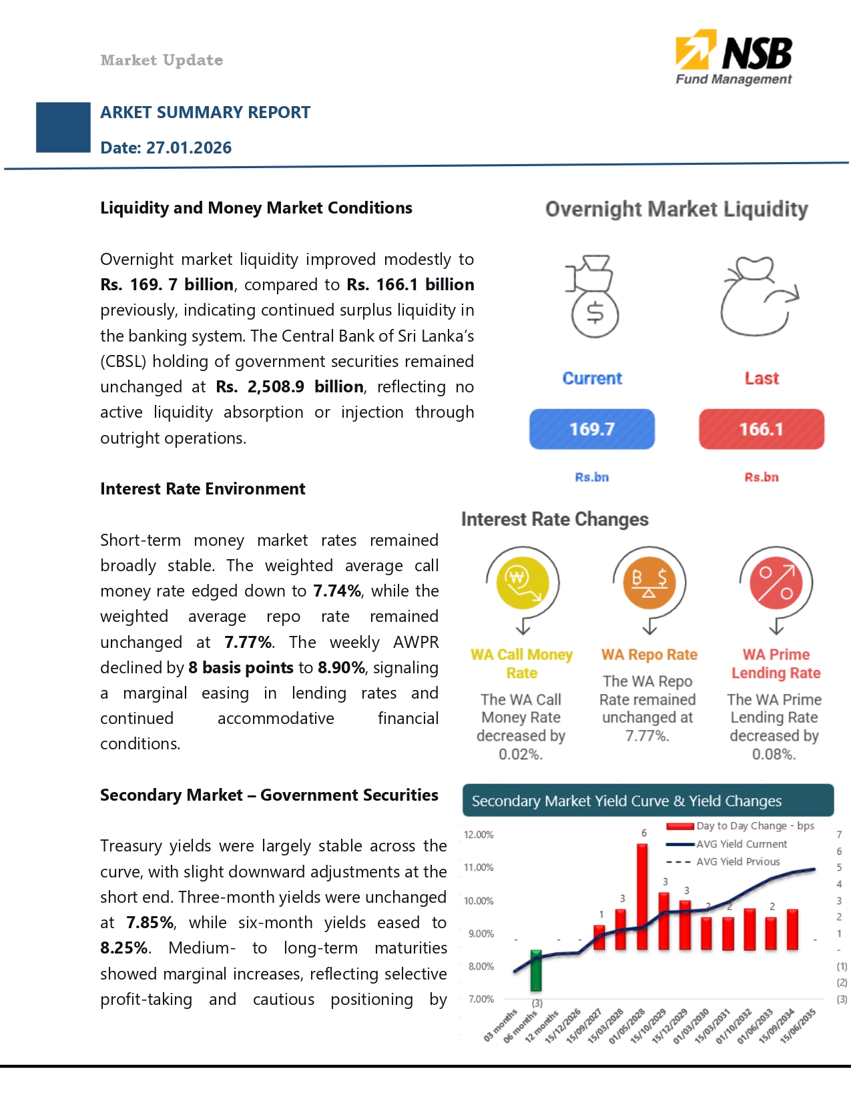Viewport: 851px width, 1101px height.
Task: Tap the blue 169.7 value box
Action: [591, 429]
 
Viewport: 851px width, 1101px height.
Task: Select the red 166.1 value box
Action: [761, 429]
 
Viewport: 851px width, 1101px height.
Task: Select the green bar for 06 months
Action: [536, 971]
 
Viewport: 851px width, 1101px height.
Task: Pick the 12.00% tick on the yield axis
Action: [479, 835]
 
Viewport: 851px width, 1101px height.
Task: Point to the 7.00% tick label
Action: [481, 999]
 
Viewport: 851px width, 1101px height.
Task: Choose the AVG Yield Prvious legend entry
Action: [738, 861]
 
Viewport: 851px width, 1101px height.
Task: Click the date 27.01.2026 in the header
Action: [189, 147]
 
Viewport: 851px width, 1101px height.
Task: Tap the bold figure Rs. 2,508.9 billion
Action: [290, 387]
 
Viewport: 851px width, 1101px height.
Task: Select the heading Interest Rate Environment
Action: [202, 489]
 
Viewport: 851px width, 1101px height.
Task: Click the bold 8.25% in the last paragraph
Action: [124, 948]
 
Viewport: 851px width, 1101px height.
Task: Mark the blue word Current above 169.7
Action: [592, 378]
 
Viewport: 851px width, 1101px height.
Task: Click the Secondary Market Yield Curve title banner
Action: [647, 801]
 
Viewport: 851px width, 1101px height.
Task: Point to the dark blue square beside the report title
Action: [63, 127]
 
